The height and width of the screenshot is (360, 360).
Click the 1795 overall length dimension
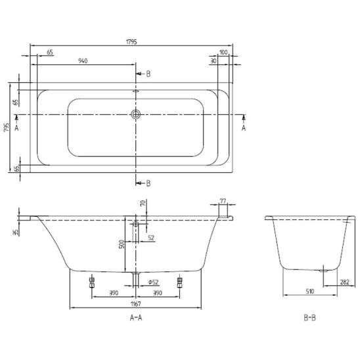pos(131,42)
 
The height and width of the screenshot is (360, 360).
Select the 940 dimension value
pos(83,61)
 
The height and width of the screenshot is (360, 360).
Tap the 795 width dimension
pos(7,127)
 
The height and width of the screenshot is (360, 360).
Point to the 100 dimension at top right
pos(223,53)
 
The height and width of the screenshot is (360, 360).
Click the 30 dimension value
pos(214,61)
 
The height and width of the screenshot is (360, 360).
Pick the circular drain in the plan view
pos(136,114)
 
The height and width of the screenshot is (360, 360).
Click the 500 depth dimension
pos(122,244)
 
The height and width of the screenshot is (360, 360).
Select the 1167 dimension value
pos(136,304)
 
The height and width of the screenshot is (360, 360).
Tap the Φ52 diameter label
pos(153,282)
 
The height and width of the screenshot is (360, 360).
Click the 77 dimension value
pos(223,201)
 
